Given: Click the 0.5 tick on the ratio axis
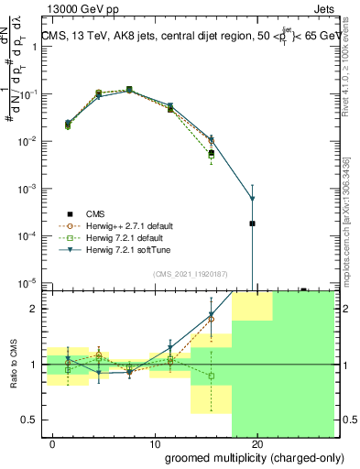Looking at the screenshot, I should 30,420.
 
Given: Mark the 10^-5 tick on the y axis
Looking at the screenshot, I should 27,282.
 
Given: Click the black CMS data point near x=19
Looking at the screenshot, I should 252,224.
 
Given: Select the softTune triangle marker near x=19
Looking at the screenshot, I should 252,199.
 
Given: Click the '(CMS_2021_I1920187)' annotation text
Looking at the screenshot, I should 189,274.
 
